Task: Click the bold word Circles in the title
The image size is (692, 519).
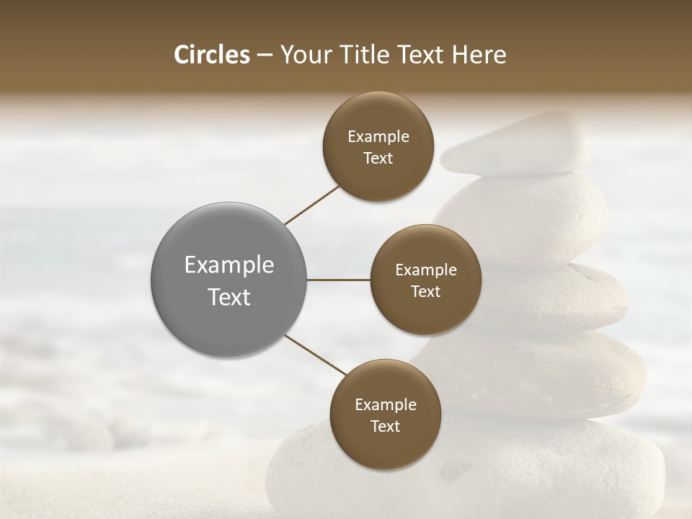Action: click(211, 55)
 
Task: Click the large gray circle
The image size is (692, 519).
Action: click(229, 280)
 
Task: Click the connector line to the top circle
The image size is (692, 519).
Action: click(311, 205)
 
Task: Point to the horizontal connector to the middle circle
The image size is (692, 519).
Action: click(339, 280)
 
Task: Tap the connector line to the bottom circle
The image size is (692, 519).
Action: click(314, 355)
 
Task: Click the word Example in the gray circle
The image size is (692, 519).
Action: click(229, 265)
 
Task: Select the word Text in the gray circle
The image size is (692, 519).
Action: click(229, 297)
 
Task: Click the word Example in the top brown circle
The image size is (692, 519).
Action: click(378, 136)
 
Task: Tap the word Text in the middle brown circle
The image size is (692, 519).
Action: click(425, 291)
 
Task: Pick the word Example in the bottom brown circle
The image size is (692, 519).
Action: click(385, 404)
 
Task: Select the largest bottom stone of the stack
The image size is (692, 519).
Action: click(469, 469)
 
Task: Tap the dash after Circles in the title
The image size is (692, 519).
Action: click(265, 55)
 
